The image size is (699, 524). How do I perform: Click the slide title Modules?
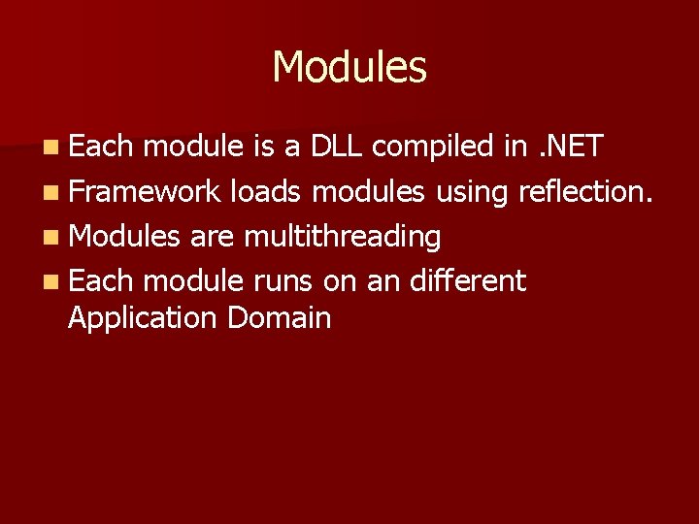[x=349, y=68]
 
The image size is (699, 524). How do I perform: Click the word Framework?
[x=146, y=192]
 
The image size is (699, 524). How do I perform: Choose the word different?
[x=467, y=281]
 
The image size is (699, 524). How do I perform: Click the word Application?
[x=144, y=319]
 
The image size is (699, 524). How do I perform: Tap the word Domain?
[x=280, y=317]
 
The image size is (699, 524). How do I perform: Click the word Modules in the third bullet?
[x=125, y=237]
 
